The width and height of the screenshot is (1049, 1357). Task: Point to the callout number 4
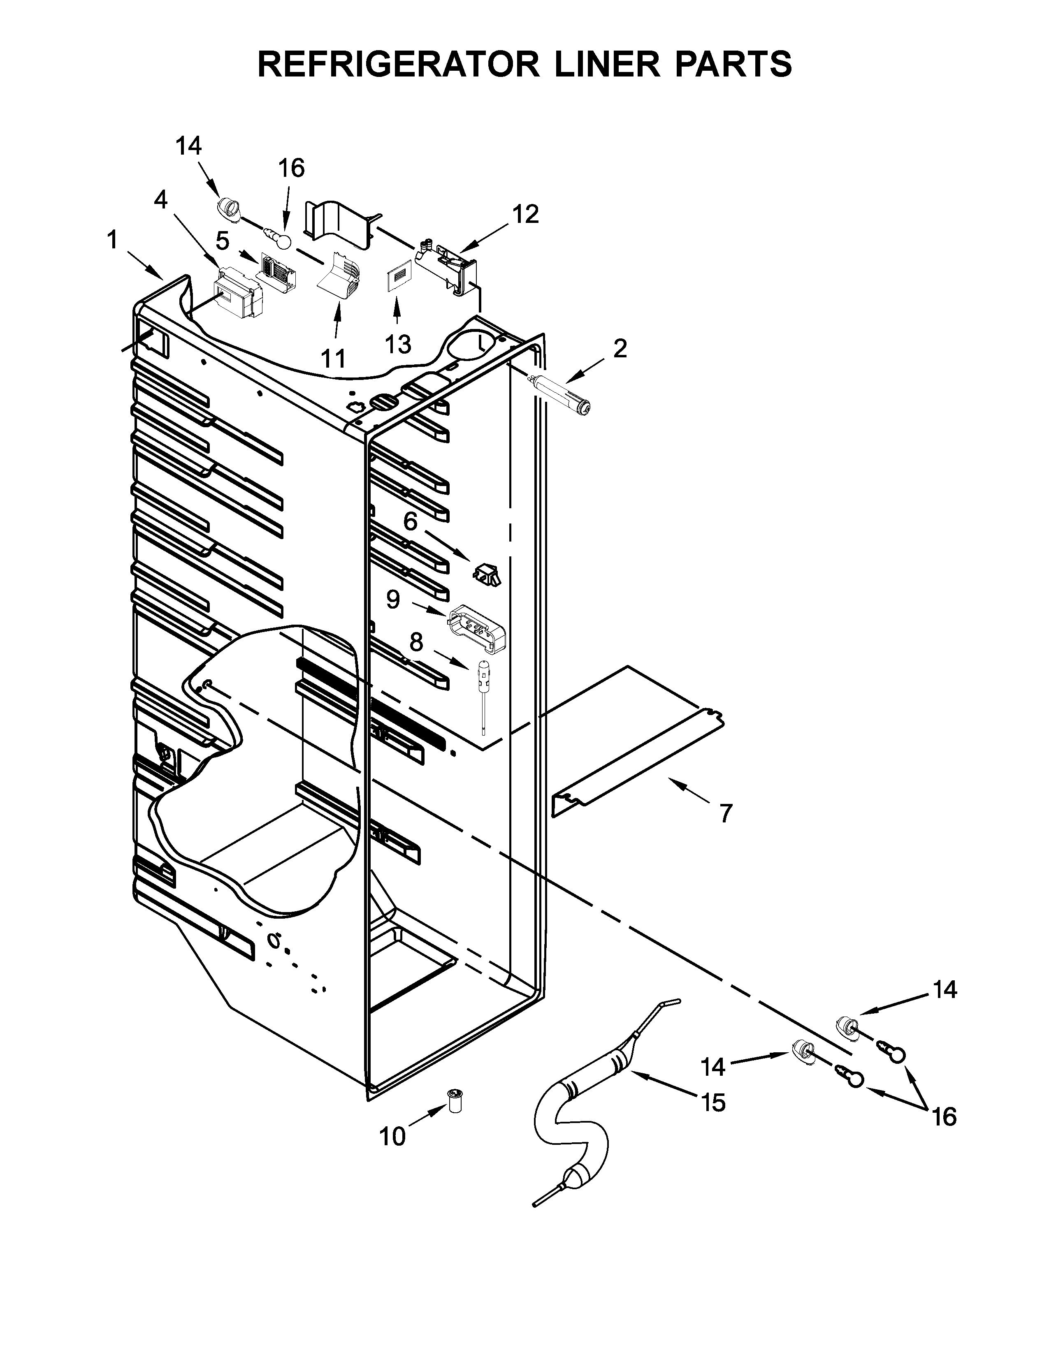pos(161,200)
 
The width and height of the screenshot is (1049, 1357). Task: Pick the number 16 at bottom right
pos(944,1118)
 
